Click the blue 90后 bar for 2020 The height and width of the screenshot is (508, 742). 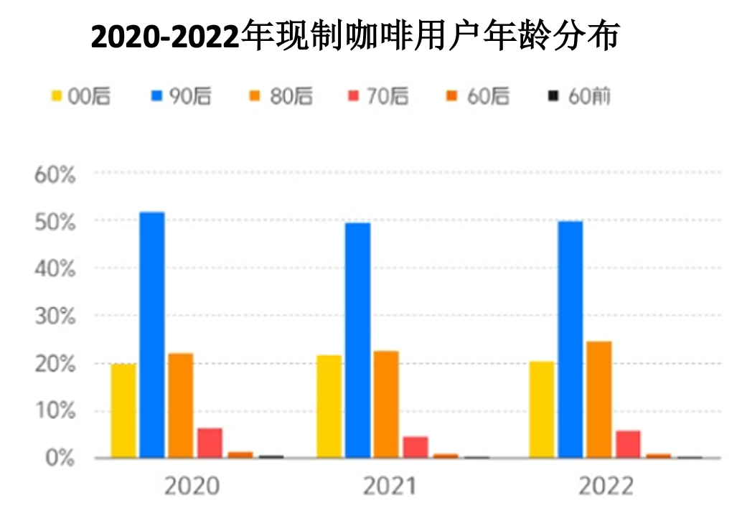click(152, 335)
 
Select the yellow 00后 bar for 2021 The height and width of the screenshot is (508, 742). click(329, 407)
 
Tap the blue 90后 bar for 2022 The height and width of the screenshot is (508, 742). click(570, 339)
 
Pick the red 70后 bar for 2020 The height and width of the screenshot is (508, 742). click(210, 443)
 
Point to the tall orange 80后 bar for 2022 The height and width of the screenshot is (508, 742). click(599, 400)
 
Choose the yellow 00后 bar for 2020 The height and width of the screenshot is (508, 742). click(123, 411)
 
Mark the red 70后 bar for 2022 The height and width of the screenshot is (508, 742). click(628, 444)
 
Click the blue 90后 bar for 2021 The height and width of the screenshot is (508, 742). click(357, 340)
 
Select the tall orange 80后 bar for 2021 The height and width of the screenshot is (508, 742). click(386, 404)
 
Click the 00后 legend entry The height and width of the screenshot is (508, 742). click(80, 96)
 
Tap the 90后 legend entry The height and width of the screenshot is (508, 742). click(182, 96)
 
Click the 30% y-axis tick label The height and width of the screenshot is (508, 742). click(55, 316)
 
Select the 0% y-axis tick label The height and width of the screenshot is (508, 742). click(60, 458)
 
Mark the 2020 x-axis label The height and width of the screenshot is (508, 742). click(192, 486)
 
